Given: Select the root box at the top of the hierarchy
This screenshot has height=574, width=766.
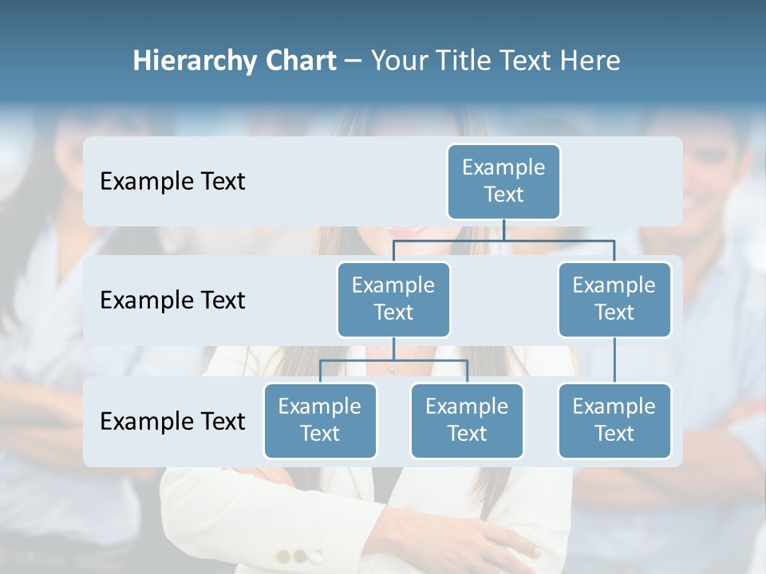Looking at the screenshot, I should [x=503, y=182].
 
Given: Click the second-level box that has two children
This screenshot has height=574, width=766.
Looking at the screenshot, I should [x=393, y=300].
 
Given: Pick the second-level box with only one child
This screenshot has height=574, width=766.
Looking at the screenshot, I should [x=614, y=300].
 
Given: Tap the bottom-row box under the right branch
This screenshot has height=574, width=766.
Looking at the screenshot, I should [x=614, y=421].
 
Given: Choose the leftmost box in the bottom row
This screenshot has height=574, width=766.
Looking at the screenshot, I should [x=320, y=421].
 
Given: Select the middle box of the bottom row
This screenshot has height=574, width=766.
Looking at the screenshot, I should [x=467, y=421].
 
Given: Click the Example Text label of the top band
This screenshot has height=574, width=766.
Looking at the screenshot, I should [x=172, y=182].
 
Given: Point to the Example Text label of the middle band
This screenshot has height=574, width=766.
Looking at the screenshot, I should [x=172, y=301].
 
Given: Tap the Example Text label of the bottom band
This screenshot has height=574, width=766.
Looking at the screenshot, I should [x=172, y=421].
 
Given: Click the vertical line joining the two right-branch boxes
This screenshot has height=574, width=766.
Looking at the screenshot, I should [x=614, y=360].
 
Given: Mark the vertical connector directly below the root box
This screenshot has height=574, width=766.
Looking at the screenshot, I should [x=503, y=230].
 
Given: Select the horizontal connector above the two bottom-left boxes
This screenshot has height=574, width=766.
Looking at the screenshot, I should [x=393, y=360].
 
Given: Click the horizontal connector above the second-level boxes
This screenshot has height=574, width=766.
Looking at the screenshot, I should [x=503, y=239].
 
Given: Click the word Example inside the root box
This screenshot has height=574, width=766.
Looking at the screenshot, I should [x=503, y=167].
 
